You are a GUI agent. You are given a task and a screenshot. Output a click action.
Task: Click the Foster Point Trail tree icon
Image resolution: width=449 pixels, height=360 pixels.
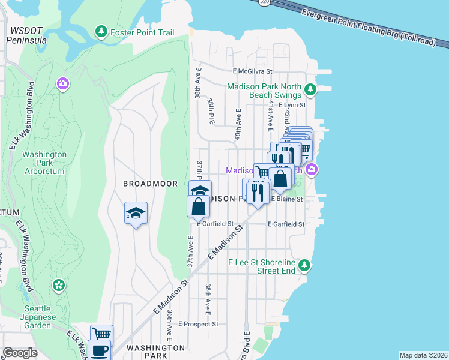pos(101,31)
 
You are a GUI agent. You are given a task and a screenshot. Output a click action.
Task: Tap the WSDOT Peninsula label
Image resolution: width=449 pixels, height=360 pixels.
pos(26,35)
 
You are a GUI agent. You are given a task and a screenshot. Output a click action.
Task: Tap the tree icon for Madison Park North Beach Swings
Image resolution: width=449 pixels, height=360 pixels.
pos(310,91)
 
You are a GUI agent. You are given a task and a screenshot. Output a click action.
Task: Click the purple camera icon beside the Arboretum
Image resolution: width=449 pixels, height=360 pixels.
pos(63,84)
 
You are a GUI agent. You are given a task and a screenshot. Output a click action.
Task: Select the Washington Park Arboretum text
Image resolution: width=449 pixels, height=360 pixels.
pos(44,163)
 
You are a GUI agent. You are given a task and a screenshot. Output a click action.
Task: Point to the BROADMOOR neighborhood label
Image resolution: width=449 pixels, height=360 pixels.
pos(148,183)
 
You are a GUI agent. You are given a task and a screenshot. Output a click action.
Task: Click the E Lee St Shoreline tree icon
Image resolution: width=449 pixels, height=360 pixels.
pos(305,265)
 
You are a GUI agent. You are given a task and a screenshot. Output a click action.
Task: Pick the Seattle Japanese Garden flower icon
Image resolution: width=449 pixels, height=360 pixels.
pos(59,285)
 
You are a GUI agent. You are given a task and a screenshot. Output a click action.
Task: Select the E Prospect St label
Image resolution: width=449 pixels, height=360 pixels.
pos(197,324)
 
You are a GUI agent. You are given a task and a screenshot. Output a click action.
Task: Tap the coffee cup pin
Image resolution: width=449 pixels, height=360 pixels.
pos(99,350)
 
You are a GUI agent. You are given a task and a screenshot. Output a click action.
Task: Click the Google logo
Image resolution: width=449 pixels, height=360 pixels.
pos(20,353)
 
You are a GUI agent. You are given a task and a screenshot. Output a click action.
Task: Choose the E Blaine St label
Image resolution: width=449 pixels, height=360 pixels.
pos(287,199)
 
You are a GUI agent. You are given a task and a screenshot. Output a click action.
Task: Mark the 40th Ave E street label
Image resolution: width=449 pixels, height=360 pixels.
pos(238,122)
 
